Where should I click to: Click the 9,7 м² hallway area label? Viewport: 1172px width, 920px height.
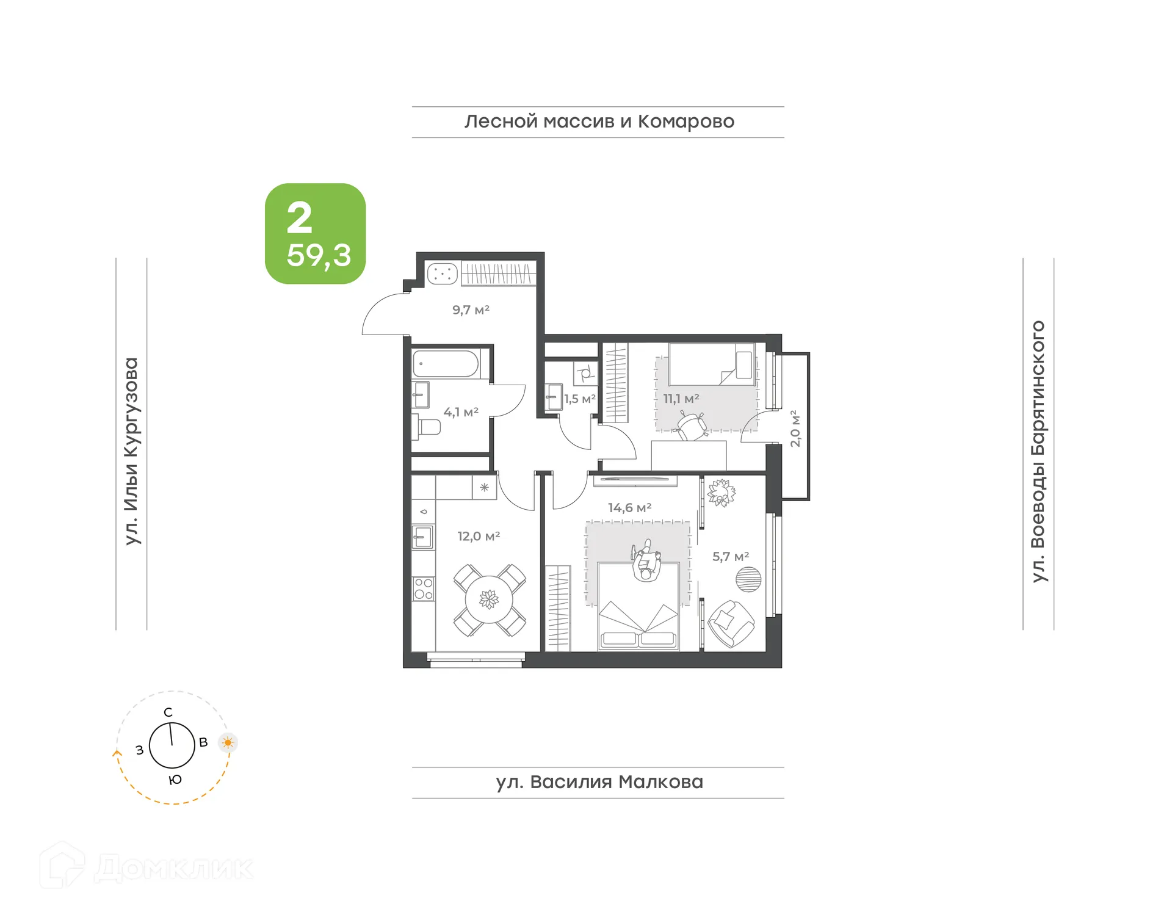471,310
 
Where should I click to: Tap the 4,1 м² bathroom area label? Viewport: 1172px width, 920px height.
461,412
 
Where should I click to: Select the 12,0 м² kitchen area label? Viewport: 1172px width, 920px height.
479,537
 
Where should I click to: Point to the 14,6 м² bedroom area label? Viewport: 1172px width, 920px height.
629,508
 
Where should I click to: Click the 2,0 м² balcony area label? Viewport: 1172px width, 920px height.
795,429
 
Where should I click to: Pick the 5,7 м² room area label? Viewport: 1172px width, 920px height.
731,557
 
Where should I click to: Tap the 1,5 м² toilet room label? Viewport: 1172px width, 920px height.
579,399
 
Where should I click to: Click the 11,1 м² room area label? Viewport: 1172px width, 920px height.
681,399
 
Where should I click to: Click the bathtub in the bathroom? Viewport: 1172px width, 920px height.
446,364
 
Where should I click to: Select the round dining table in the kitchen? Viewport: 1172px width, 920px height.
489,599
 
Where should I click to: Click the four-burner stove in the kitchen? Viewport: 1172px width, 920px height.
424,589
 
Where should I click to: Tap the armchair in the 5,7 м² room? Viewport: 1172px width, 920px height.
731,623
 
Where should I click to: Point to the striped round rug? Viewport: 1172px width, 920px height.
748,579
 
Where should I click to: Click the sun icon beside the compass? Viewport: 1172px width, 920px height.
228,743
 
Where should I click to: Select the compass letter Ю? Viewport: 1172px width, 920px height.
175,780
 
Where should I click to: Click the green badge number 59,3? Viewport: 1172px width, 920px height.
319,255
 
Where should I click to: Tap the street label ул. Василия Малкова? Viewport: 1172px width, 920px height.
599,782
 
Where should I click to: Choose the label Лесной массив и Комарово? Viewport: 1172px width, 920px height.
599,121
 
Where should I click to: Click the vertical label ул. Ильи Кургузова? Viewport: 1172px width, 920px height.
131,451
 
